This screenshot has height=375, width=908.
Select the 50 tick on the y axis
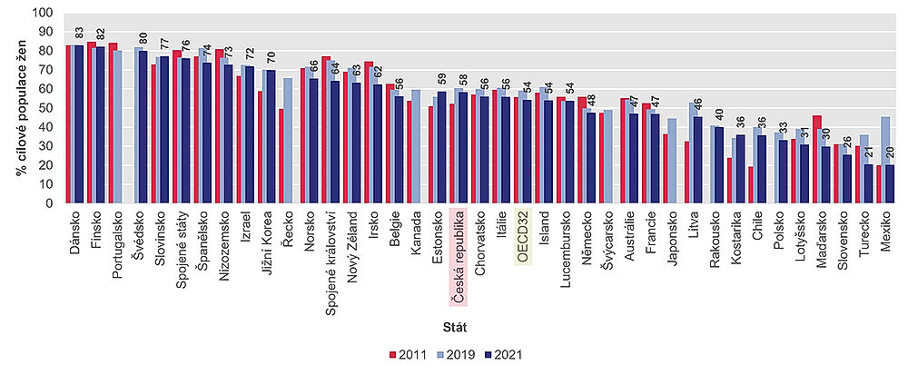tap(47, 109)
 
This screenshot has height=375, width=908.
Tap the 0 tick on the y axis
tap(51, 203)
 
